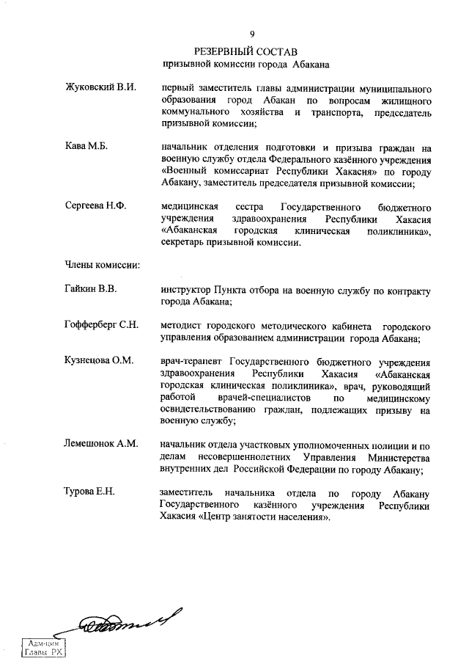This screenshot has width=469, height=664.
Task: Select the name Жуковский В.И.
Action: pyautogui.click(x=101, y=88)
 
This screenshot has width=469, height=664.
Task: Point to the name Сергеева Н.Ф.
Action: pyautogui.click(x=96, y=205)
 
